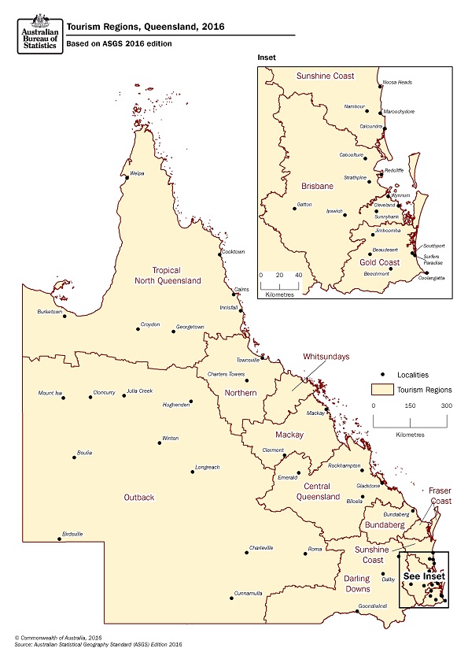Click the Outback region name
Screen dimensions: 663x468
(138, 497)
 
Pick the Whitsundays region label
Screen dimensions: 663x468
(326, 357)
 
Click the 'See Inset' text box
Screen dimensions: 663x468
(423, 576)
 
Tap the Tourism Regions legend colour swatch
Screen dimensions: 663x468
(382, 390)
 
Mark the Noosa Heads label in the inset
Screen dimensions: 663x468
(396, 82)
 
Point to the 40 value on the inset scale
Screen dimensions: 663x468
(298, 275)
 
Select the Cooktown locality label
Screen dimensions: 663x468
(234, 252)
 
